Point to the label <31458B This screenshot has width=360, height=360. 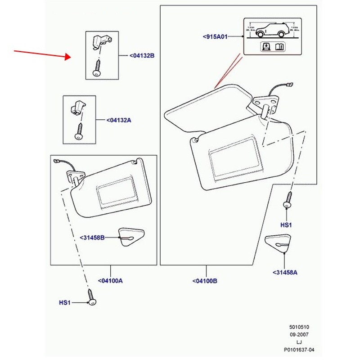pyautogui.click(x=92, y=237)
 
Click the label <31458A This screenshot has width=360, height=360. pyautogui.click(x=285, y=272)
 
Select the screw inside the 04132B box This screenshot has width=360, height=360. pyautogui.click(x=97, y=69)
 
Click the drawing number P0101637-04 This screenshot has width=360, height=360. pyautogui.click(x=299, y=348)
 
